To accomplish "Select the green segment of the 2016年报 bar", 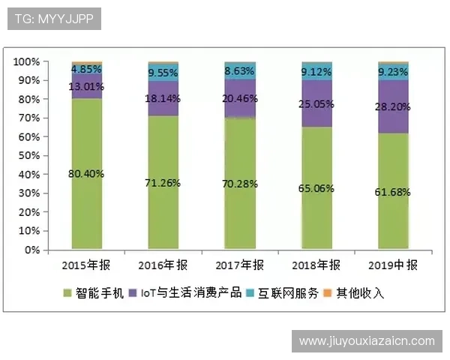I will click(x=163, y=210).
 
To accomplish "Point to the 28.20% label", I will click(x=393, y=106).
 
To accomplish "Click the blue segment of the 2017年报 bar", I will click(x=240, y=70).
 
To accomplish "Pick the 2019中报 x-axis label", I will click(x=393, y=265).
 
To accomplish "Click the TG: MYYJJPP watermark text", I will click(x=53, y=19).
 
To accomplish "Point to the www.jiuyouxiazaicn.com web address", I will click(x=367, y=341).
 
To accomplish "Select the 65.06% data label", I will click(x=316, y=190).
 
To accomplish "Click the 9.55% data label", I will click(x=163, y=73).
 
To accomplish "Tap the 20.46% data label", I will click(x=240, y=98).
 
